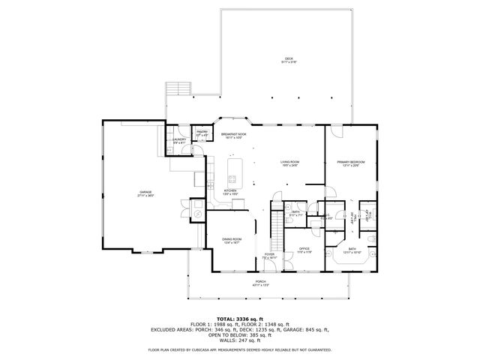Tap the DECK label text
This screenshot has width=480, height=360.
coord(288,60)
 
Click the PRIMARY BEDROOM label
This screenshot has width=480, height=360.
coord(349,163)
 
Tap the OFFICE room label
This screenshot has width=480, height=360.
coord(304,250)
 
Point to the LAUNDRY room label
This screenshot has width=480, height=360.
coord(179,140)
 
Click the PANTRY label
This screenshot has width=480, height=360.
coord(202,133)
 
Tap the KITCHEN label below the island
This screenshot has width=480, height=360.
coord(230,192)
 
